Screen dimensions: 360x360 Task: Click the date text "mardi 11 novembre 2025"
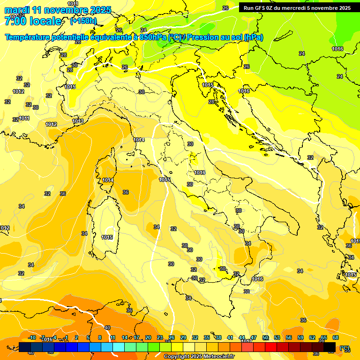point(58,10)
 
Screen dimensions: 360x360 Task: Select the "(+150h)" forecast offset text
point(83,21)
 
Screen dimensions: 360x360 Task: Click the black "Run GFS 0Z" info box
point(297,8)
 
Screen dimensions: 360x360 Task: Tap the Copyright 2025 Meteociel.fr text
point(199,357)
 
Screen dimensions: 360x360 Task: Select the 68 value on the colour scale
point(335,337)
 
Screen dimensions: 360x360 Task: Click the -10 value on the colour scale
point(32,337)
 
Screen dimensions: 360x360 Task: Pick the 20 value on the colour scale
point(148,337)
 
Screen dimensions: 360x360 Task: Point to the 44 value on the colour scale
point(242,337)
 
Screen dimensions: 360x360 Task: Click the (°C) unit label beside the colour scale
point(345,348)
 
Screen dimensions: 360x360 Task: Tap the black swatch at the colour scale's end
point(330,347)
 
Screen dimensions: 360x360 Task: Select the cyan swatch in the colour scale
point(118,347)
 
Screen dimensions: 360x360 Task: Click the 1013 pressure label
point(78,121)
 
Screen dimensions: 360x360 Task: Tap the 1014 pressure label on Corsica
point(108,180)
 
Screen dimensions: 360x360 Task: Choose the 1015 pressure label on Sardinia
point(107,237)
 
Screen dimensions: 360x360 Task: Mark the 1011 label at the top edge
point(73,4)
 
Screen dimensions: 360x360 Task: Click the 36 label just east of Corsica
point(126,192)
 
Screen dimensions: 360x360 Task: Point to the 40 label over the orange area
point(107,328)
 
